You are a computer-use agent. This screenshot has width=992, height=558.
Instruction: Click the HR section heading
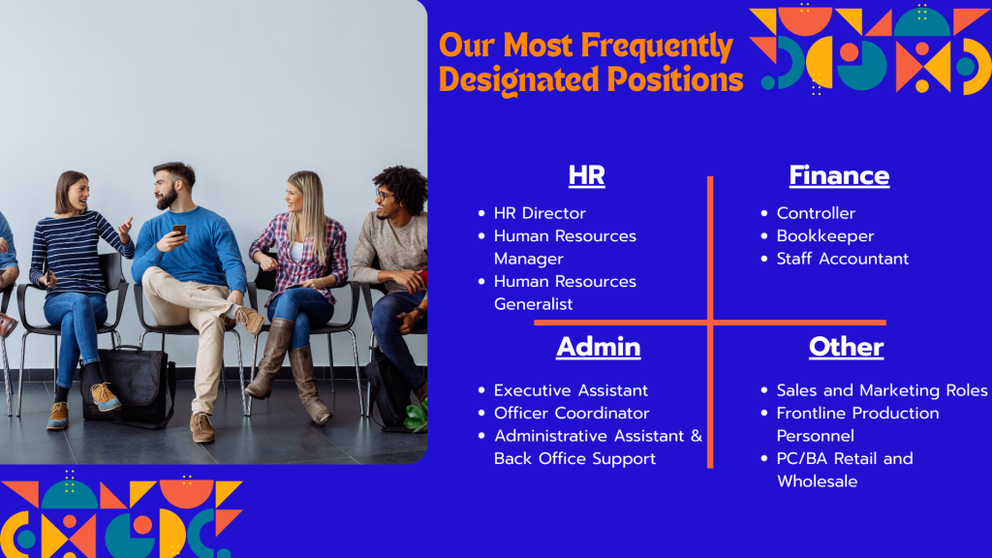[586, 175]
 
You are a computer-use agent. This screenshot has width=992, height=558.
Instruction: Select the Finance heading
[839, 175]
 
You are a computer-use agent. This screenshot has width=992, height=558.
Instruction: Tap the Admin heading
[599, 347]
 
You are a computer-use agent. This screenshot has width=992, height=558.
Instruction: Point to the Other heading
[846, 347]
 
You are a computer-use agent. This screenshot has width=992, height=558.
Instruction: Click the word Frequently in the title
[657, 46]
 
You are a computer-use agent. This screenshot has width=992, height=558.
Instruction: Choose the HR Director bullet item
[540, 213]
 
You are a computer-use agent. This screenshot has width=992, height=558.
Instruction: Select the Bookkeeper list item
[825, 236]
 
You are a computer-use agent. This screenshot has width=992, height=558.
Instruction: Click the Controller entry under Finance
[816, 213]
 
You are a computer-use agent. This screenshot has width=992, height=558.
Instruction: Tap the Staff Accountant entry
[842, 259]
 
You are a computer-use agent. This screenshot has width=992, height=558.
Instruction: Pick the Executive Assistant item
[571, 390]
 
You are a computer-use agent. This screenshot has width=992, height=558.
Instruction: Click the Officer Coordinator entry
[572, 413]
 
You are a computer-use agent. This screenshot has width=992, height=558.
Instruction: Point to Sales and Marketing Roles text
[882, 390]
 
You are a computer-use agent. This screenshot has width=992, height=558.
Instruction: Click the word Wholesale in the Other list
[817, 481]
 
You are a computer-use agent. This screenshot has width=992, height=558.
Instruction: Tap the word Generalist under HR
[533, 304]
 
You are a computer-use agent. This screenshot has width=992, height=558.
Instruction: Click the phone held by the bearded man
[179, 231]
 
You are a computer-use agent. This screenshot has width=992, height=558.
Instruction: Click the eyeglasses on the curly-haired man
[384, 195]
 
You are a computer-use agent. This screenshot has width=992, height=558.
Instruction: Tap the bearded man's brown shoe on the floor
[201, 427]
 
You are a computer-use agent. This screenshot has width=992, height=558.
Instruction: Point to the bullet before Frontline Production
[764, 413]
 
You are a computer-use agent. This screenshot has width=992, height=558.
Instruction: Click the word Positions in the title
[674, 80]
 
